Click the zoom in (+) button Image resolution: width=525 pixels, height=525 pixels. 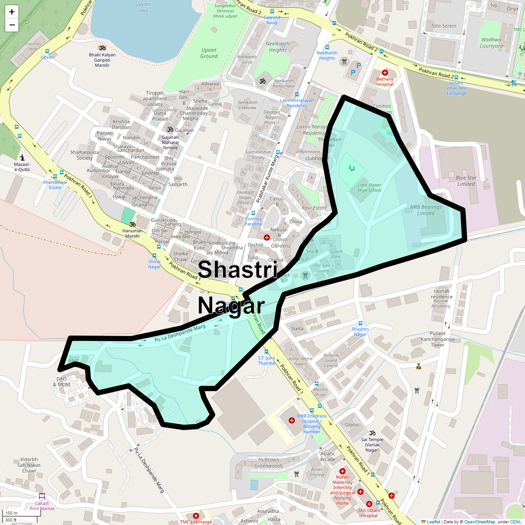click(12, 12)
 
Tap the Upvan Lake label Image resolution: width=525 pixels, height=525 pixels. click(143, 7)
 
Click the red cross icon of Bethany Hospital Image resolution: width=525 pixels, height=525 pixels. click(385, 73)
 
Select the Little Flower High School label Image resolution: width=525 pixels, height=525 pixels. click(369, 188)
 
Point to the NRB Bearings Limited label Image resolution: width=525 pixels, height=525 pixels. click(426, 210)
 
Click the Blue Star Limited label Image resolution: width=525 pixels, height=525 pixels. click(466, 181)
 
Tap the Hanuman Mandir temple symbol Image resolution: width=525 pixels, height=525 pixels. click(133, 224)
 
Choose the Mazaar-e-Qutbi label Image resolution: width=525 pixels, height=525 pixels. click(22, 167)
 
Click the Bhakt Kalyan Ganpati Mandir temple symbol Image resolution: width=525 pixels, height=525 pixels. click(102, 48)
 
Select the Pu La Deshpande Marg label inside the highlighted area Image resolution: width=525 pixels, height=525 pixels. click(180, 333)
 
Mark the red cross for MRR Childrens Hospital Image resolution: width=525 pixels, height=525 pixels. click(291, 420)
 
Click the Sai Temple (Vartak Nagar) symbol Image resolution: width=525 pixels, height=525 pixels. click(372, 433)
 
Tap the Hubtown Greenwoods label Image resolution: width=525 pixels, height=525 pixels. click(269, 463)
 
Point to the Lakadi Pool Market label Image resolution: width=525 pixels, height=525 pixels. click(42, 506)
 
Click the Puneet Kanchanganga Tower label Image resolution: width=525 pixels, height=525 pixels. click(437, 339)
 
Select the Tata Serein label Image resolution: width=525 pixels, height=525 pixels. click(444, 26)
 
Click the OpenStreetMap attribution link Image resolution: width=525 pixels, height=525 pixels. click(479, 521)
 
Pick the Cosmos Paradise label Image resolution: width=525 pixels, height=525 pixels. click(253, 221)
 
